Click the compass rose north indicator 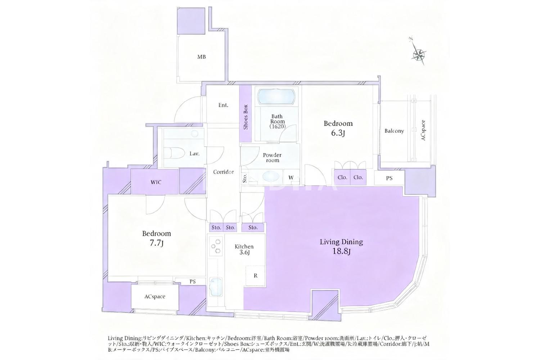tap(418, 54)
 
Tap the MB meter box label tap(202, 57)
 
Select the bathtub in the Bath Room tap(276, 97)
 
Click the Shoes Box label tap(246, 117)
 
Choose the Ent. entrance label tap(223, 105)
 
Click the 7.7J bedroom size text tap(157, 243)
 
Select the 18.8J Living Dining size tap(341, 252)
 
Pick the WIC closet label tap(156, 182)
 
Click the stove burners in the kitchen tap(216, 246)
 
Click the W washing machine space tap(291, 177)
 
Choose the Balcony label tap(394, 131)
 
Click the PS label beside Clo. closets tap(389, 178)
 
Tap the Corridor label tap(224, 172)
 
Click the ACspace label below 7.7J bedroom tap(155, 297)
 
